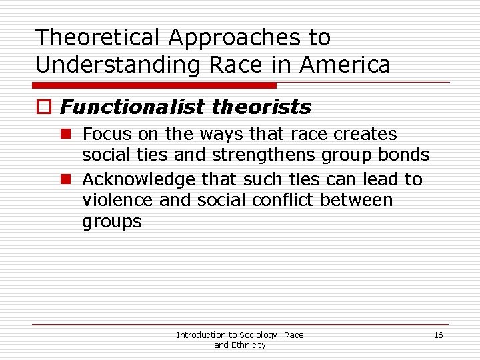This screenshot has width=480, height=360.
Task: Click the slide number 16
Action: point(438,335)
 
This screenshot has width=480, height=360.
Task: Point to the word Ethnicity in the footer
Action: point(248,345)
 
